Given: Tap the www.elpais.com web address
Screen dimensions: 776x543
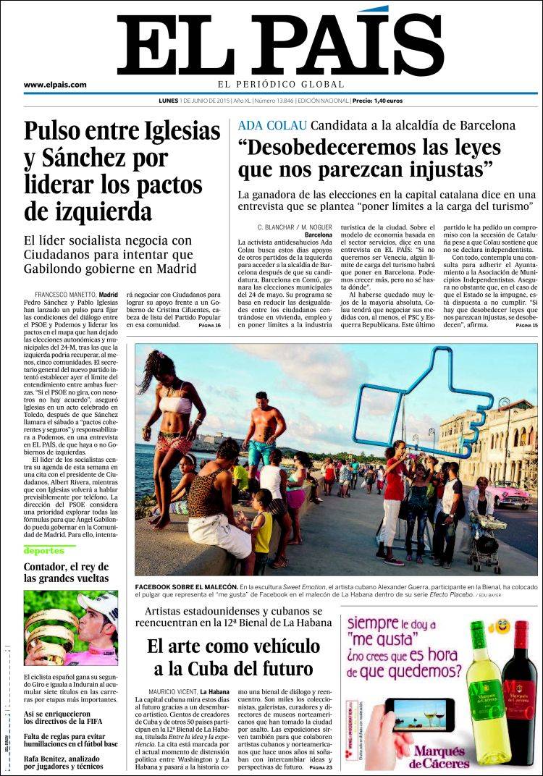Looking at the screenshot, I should coord(55,85).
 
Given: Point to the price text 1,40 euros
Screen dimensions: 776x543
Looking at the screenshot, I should coord(387,101).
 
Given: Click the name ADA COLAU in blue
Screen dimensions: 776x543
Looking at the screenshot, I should coord(272,125).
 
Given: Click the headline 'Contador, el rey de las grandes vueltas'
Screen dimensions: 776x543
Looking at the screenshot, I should coord(67,572).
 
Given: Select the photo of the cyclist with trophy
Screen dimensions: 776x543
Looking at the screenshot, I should coord(71,627).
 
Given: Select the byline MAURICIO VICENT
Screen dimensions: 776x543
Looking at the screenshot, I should coord(172,691).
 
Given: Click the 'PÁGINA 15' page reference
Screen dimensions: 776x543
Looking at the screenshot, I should coord(526,326).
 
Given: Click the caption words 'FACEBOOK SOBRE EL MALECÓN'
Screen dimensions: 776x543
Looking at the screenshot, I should coord(187,586).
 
